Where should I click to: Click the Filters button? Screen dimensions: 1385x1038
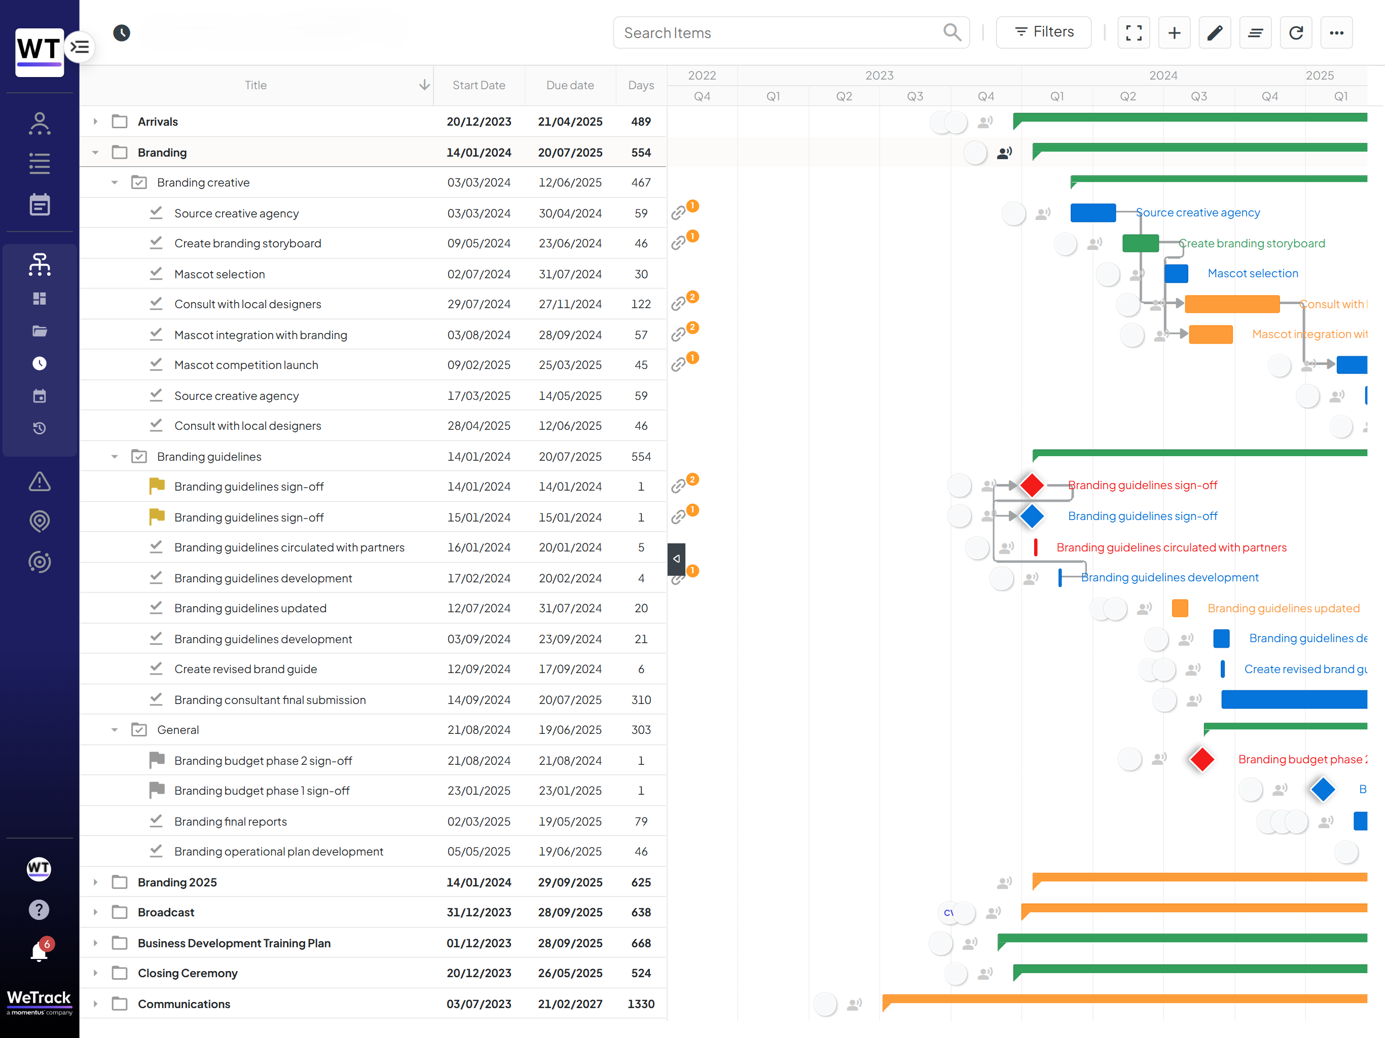[x=1043, y=32]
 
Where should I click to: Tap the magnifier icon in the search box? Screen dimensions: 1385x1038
[x=952, y=32]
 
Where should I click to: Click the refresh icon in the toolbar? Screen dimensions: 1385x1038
[x=1295, y=32]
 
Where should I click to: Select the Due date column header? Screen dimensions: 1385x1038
[x=570, y=85]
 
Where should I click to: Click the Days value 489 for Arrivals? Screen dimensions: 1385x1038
[x=640, y=122]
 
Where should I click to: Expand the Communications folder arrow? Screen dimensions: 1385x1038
[x=95, y=1004]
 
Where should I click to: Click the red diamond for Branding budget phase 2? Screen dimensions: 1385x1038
[x=1201, y=759]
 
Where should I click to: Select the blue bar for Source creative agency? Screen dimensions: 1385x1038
[x=1092, y=213]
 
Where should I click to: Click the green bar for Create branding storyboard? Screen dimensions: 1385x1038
[x=1140, y=243]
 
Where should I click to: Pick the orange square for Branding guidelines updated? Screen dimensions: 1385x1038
[x=1180, y=608]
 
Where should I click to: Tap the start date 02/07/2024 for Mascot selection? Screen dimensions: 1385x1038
[x=479, y=274]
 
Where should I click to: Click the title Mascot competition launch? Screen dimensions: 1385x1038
[x=246, y=365]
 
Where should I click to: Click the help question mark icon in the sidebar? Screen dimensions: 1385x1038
[x=39, y=910]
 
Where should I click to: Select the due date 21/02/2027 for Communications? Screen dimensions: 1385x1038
[x=570, y=1004]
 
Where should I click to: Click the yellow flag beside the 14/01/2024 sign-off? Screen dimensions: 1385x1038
[x=157, y=486]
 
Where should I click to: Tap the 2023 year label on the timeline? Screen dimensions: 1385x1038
[x=879, y=75]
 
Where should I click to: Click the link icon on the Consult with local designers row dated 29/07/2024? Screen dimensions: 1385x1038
[x=678, y=304]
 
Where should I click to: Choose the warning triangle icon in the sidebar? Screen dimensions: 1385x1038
[x=40, y=481]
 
